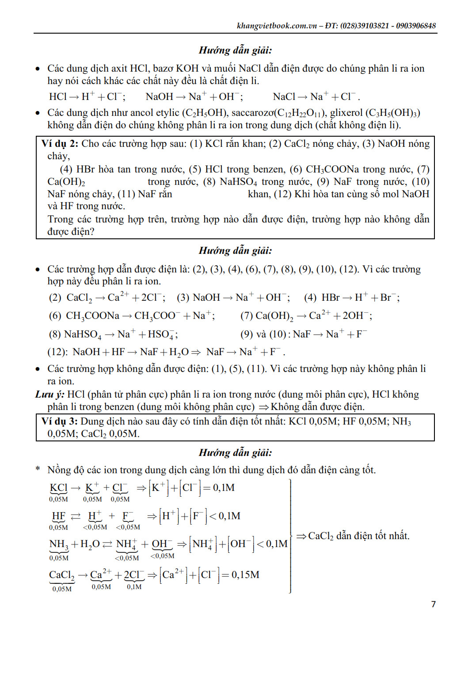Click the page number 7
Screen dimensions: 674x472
point(433,604)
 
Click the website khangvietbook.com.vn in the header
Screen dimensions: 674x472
point(277,26)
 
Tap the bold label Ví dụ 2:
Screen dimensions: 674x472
point(60,144)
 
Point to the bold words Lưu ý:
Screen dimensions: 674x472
point(49,394)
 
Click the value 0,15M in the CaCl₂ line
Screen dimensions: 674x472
point(245,575)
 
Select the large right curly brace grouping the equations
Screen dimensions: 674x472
point(290,536)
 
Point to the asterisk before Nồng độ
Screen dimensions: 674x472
point(38,469)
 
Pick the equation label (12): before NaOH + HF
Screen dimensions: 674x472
point(57,352)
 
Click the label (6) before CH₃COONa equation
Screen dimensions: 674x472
point(55,316)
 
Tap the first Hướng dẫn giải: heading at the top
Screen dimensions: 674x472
point(235,50)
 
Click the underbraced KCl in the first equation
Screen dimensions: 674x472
point(58,488)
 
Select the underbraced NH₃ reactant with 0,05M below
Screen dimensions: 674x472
point(58,544)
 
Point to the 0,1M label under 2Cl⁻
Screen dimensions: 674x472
point(134,587)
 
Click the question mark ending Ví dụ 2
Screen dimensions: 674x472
point(92,232)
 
